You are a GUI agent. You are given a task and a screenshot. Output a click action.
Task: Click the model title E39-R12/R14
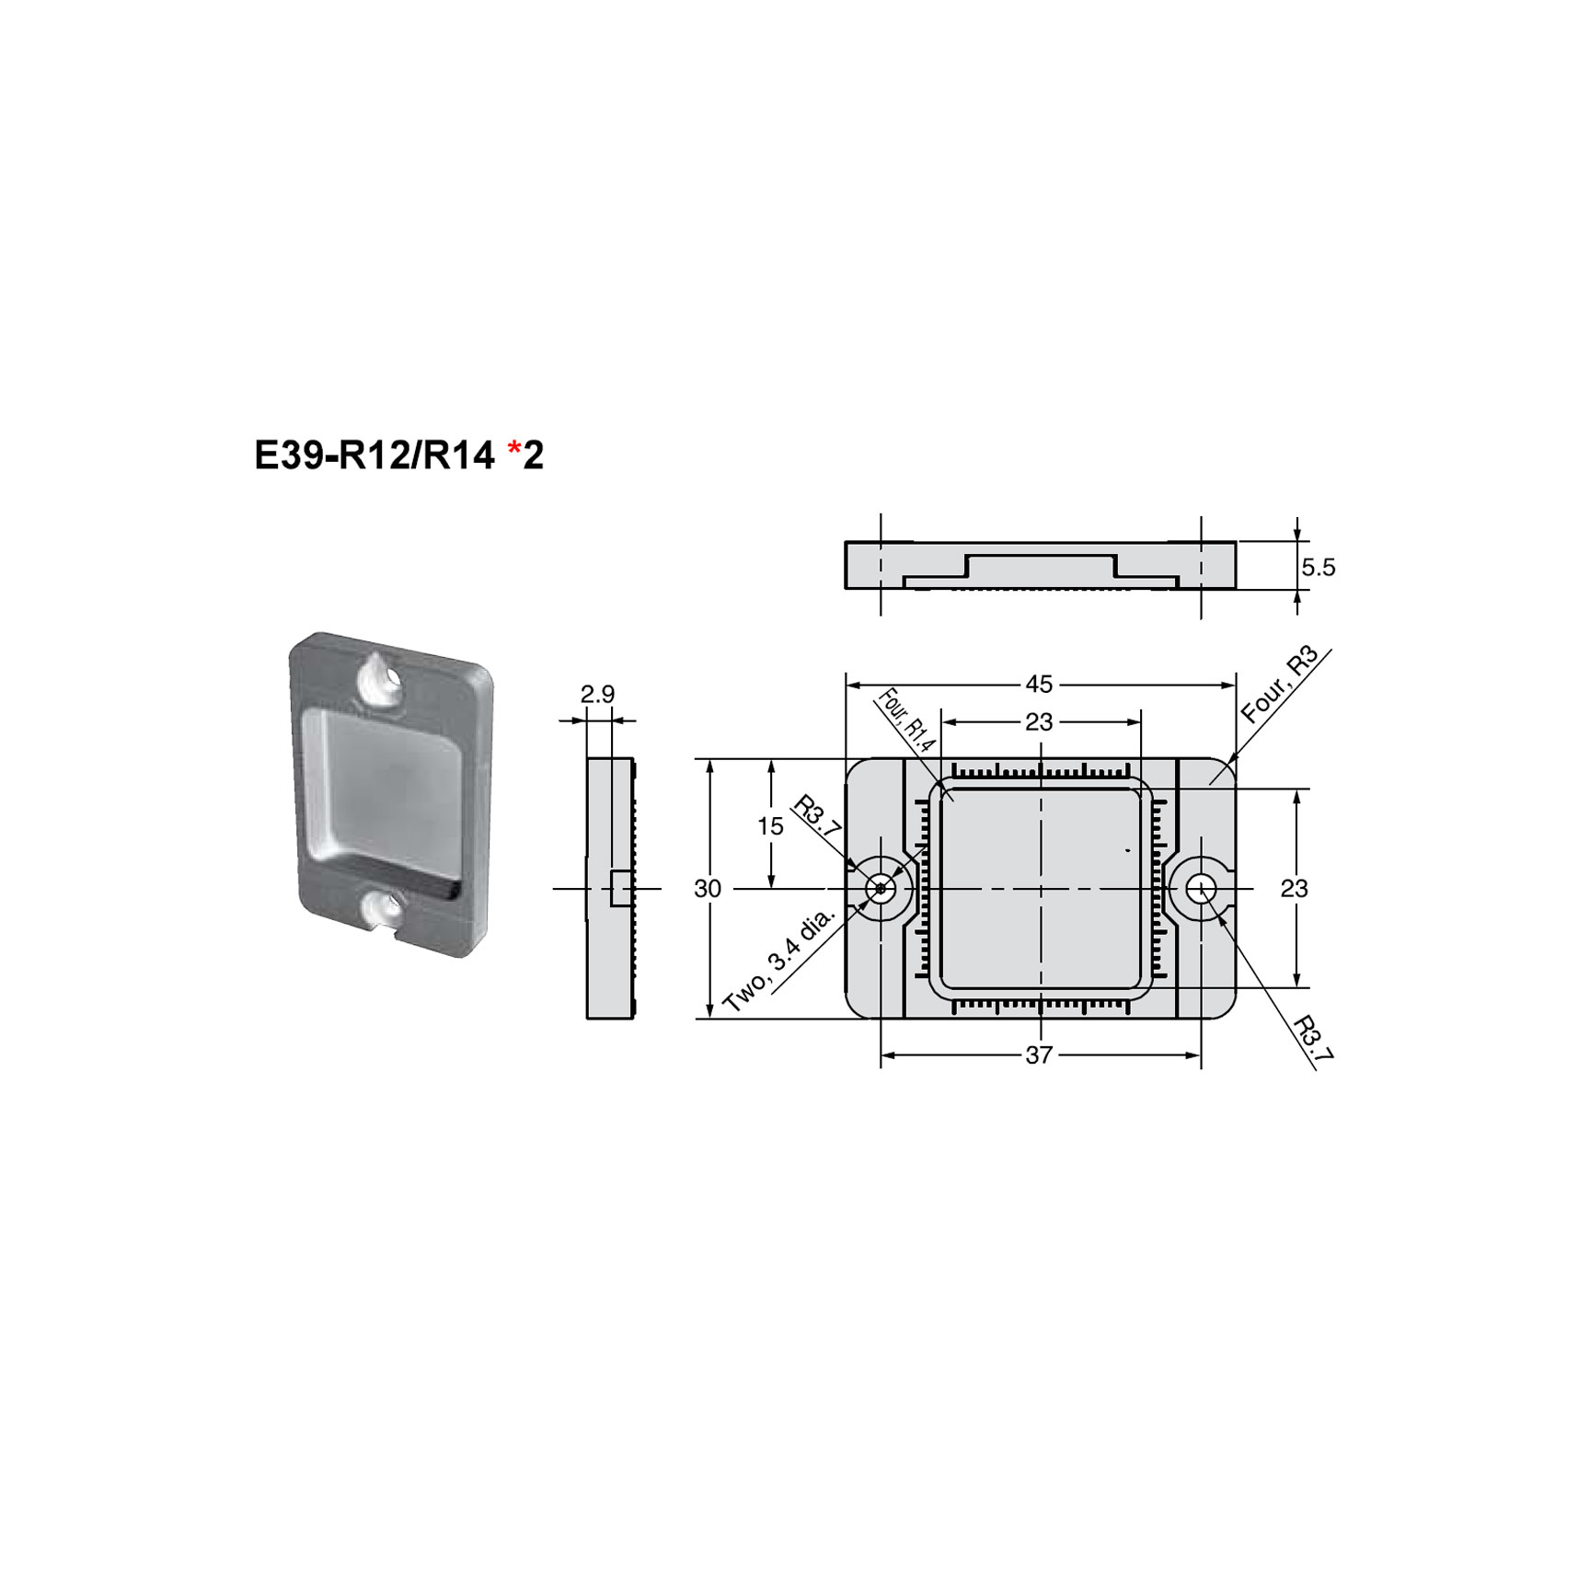[374, 455]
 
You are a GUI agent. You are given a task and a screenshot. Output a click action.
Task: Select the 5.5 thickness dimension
[1318, 568]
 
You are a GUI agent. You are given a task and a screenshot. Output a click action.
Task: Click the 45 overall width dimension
[1039, 685]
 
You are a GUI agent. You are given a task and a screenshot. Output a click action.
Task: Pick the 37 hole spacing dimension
[1038, 1055]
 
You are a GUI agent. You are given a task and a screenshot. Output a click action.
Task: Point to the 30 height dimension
[708, 889]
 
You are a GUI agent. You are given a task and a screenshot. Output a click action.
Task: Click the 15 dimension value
[770, 826]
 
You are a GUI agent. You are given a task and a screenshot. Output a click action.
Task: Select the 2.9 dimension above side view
[597, 695]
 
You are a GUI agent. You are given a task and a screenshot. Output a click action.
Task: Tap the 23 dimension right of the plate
[1294, 889]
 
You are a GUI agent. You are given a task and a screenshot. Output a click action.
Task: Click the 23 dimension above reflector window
[1039, 722]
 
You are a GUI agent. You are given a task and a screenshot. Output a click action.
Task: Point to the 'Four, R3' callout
[1279, 685]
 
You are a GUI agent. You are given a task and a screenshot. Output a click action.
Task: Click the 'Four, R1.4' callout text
[907, 721]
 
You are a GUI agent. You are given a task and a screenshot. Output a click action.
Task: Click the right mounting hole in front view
[1201, 889]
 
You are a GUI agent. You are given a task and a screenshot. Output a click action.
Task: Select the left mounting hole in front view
[881, 889]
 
